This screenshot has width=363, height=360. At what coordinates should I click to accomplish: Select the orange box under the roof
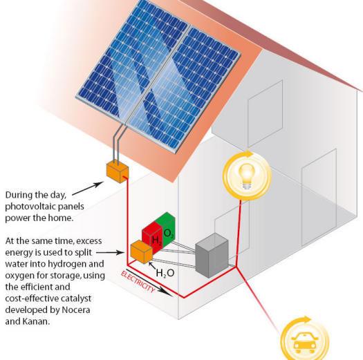[118, 172]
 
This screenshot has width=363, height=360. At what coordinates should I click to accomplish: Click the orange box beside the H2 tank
[142, 252]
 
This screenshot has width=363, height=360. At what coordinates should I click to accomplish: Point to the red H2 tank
[153, 236]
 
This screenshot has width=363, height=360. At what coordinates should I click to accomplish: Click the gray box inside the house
[212, 256]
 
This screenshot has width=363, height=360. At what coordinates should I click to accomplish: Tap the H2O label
[165, 273]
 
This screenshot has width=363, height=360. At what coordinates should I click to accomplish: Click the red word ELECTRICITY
[138, 281]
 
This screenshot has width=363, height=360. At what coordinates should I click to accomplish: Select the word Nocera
[75, 310]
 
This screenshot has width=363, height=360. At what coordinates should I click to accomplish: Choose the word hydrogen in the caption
[70, 264]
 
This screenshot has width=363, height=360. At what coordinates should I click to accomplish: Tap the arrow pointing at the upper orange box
[88, 189]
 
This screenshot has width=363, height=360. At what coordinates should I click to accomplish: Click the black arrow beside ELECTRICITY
[149, 283]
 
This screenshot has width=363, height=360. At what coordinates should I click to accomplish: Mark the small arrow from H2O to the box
[152, 266]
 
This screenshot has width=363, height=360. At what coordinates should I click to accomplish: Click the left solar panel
[132, 62]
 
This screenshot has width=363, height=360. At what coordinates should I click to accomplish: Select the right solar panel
[185, 90]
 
